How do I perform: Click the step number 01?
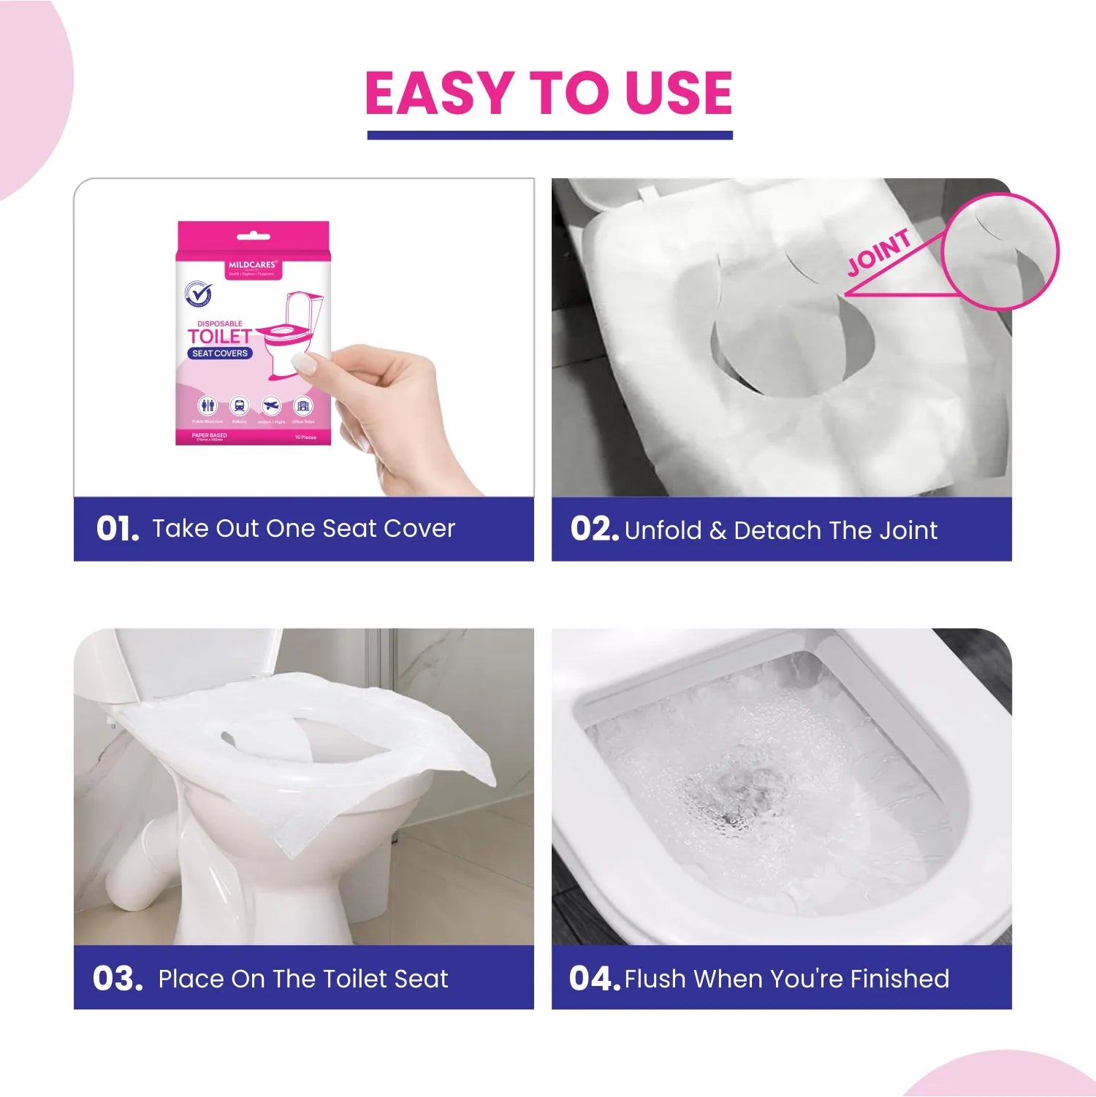pyautogui.click(x=117, y=529)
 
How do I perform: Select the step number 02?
pyautogui.click(x=594, y=529)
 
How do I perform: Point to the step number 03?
pyautogui.click(x=117, y=979)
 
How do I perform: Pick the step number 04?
pyautogui.click(x=594, y=979)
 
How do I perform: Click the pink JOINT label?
pyautogui.click(x=879, y=253)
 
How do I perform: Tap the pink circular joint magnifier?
pyautogui.click(x=1000, y=252)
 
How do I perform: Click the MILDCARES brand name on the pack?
pyautogui.click(x=252, y=265)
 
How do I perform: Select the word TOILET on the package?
pyautogui.click(x=219, y=337)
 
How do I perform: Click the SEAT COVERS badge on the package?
pyautogui.click(x=220, y=353)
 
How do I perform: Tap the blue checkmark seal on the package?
pyautogui.click(x=198, y=296)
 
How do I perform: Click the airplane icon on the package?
pyautogui.click(x=271, y=406)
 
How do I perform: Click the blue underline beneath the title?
pyautogui.click(x=549, y=135)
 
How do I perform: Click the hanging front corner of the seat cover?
pyautogui.click(x=307, y=840)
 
